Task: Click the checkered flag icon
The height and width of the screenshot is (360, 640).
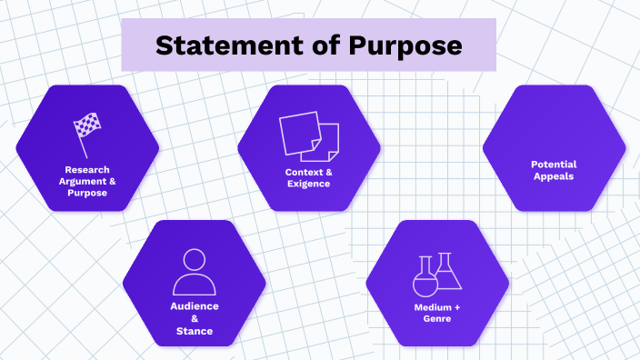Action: [87, 135]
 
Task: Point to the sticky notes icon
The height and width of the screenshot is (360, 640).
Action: [309, 135]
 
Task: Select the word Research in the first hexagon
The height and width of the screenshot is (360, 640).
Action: [87, 169]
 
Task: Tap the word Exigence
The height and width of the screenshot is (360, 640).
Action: [308, 184]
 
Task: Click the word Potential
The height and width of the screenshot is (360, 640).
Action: [554, 165]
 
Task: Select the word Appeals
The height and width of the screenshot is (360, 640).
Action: [554, 176]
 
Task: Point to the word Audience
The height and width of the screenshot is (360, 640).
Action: [195, 306]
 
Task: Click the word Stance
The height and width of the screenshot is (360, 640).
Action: [195, 331]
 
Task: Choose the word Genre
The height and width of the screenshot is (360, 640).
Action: [436, 319]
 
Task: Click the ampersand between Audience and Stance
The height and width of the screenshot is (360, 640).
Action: [195, 319]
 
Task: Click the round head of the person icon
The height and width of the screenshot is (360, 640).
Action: [195, 260]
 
